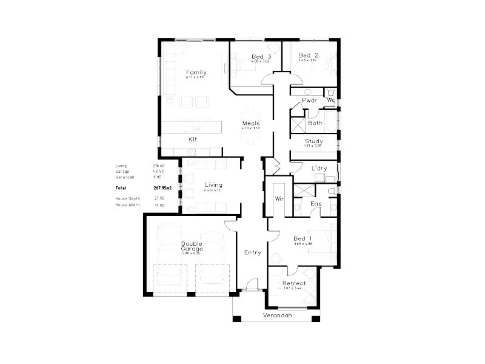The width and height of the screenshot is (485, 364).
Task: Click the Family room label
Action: tap(196, 73)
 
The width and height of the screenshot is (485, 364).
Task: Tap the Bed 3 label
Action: tap(261, 58)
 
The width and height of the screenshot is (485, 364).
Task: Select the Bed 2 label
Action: tap(308, 56)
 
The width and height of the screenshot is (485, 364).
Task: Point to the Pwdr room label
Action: tap(310, 99)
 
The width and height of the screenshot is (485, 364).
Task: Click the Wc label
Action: tap(331, 99)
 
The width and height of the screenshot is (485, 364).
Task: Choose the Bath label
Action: tap(315, 123)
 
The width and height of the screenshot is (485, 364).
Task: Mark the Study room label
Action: tap(313, 141)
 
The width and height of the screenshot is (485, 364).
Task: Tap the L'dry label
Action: tap(319, 168)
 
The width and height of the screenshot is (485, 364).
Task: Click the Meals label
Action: tap(250, 123)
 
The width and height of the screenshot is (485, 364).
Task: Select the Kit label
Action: tap(192, 140)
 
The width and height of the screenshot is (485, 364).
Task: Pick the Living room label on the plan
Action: tap(213, 184)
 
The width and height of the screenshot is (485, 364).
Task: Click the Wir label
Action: tap(279, 198)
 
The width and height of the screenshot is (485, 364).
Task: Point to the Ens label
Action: tap(316, 204)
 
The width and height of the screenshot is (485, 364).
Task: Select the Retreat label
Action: tap(294, 283)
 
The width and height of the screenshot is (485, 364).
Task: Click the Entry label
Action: tap(252, 252)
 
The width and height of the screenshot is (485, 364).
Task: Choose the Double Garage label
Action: tap(192, 246)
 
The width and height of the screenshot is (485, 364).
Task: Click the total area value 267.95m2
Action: tap(162, 188)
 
